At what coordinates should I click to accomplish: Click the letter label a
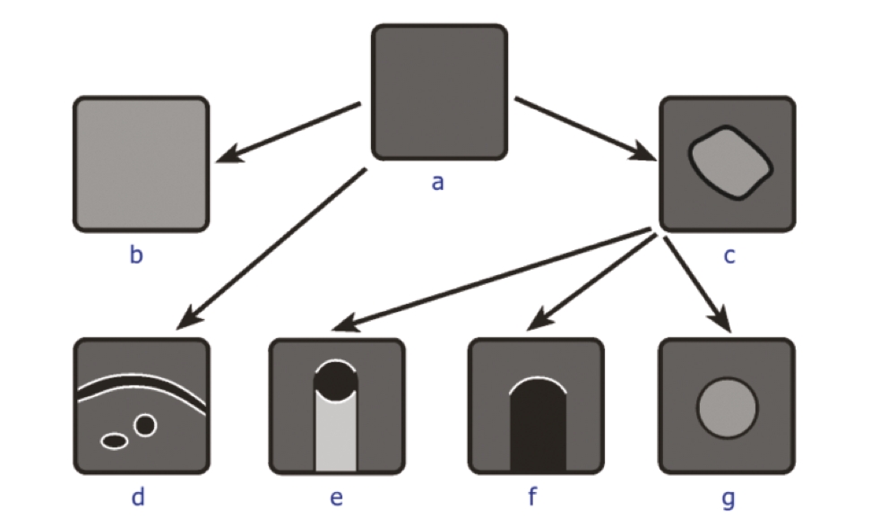(437, 183)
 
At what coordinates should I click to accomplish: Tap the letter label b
(136, 255)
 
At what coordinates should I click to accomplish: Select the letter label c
(729, 256)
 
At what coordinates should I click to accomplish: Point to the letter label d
(138, 497)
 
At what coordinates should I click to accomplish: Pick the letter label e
(337, 497)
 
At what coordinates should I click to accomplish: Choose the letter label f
(532, 496)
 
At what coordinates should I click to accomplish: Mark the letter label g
(728, 499)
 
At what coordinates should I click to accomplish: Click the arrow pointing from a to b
(289, 132)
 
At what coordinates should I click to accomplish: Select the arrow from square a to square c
(585, 129)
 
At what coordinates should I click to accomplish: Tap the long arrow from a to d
(272, 249)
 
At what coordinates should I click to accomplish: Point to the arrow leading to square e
(491, 280)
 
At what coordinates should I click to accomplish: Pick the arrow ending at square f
(592, 282)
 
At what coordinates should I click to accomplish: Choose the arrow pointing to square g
(698, 285)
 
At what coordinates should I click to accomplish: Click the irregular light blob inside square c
(730, 163)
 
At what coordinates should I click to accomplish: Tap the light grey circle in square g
(727, 408)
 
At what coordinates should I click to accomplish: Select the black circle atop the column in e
(336, 382)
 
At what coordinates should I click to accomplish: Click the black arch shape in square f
(538, 425)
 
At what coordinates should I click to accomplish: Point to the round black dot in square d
(145, 426)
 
